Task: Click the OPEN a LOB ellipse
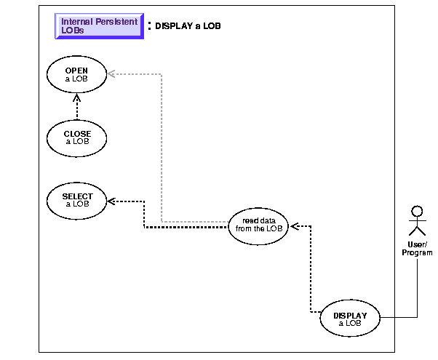[x=76, y=74]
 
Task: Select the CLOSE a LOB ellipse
[x=76, y=137]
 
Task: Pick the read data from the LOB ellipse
[x=259, y=223]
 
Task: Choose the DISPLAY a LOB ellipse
[x=351, y=318]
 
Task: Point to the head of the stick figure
[x=416, y=212]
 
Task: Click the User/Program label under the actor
[x=416, y=248]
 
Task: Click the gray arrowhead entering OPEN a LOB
[x=111, y=73]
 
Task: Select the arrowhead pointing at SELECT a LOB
[x=111, y=200]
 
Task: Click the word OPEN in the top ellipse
[x=76, y=71]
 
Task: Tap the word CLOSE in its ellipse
[x=76, y=134]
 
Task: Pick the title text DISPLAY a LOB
[x=188, y=26]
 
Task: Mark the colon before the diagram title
[x=149, y=26]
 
